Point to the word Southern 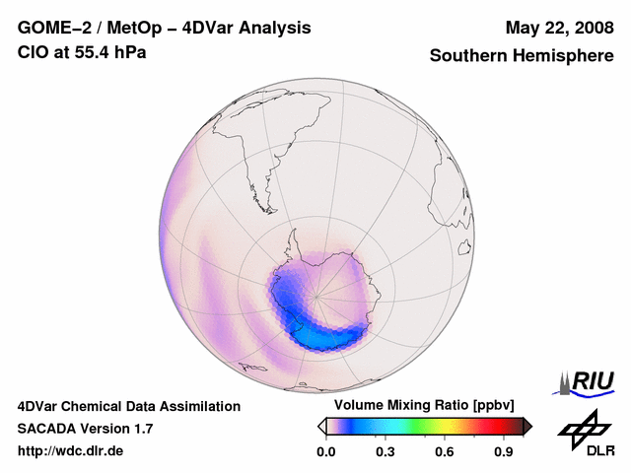click(467, 56)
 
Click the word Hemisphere click(563, 56)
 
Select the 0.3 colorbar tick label click(386, 452)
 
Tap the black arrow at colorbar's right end click(526, 426)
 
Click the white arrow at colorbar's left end click(322, 426)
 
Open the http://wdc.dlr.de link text click(70, 451)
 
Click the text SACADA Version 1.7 click(85, 429)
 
